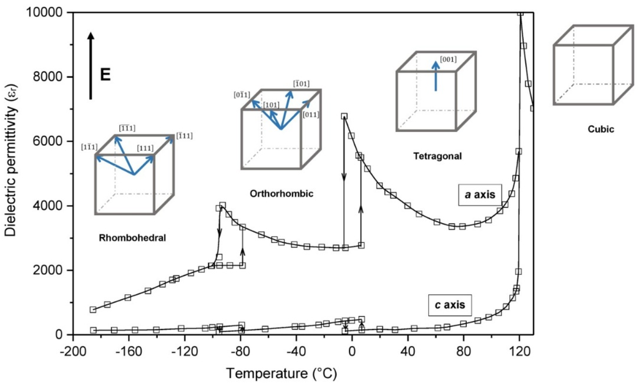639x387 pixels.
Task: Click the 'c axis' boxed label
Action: click(450, 305)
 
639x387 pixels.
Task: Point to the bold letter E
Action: click(105, 75)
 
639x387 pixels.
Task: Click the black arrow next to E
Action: click(91, 66)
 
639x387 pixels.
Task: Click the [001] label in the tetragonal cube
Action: click(448, 60)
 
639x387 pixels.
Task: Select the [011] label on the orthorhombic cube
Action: click(311, 115)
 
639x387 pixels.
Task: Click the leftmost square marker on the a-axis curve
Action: click(93, 310)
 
